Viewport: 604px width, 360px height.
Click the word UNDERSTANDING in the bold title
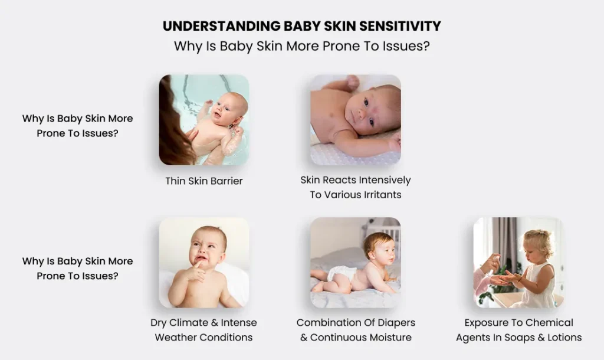(x=222, y=26)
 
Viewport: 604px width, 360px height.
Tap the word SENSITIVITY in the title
(x=400, y=26)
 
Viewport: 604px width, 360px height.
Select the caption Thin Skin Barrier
(x=203, y=181)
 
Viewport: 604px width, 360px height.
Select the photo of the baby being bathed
(x=203, y=120)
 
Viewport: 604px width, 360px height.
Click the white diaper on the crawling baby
(x=341, y=273)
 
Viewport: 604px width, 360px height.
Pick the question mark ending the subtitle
(x=426, y=46)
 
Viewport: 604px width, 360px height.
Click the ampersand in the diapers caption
(x=304, y=338)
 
